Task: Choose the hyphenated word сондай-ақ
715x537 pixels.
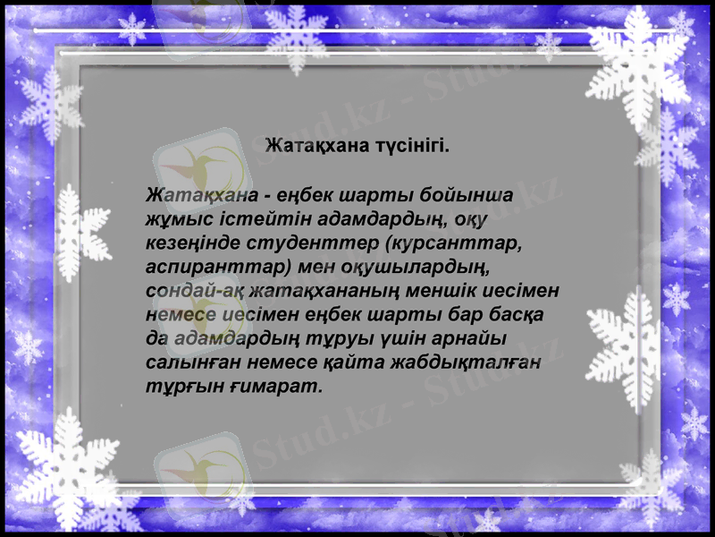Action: coord(190,292)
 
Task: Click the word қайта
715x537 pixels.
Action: coord(341,364)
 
